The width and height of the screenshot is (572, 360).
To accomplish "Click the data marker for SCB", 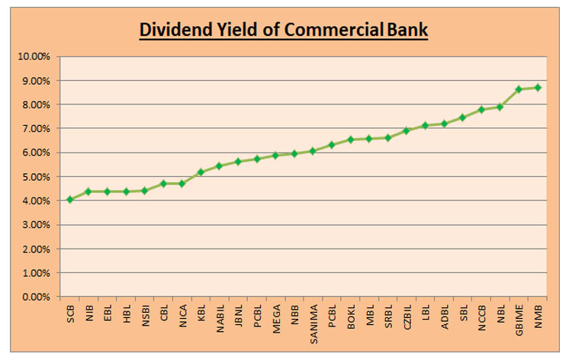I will tap(70, 199).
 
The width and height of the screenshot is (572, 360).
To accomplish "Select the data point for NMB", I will tap(538, 88).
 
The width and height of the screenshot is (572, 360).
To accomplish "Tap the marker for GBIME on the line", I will tap(519, 89).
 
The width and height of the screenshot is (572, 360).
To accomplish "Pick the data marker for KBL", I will tap(201, 172).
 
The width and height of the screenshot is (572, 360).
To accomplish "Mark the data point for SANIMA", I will tap(313, 151).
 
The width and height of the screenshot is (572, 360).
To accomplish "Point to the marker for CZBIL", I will tap(407, 130).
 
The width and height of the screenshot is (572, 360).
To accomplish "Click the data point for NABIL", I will tap(220, 166).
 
